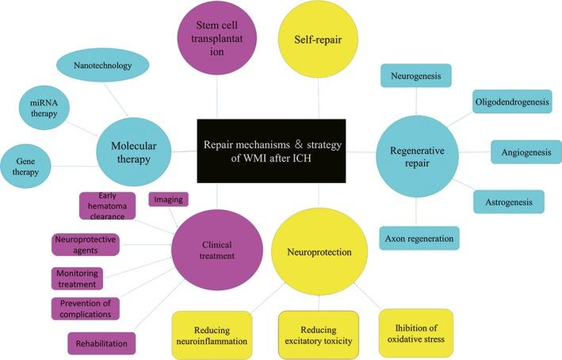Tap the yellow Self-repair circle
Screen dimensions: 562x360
pos(319,36)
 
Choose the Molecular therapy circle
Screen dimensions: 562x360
pos(132,150)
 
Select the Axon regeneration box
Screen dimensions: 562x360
pos(419,236)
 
